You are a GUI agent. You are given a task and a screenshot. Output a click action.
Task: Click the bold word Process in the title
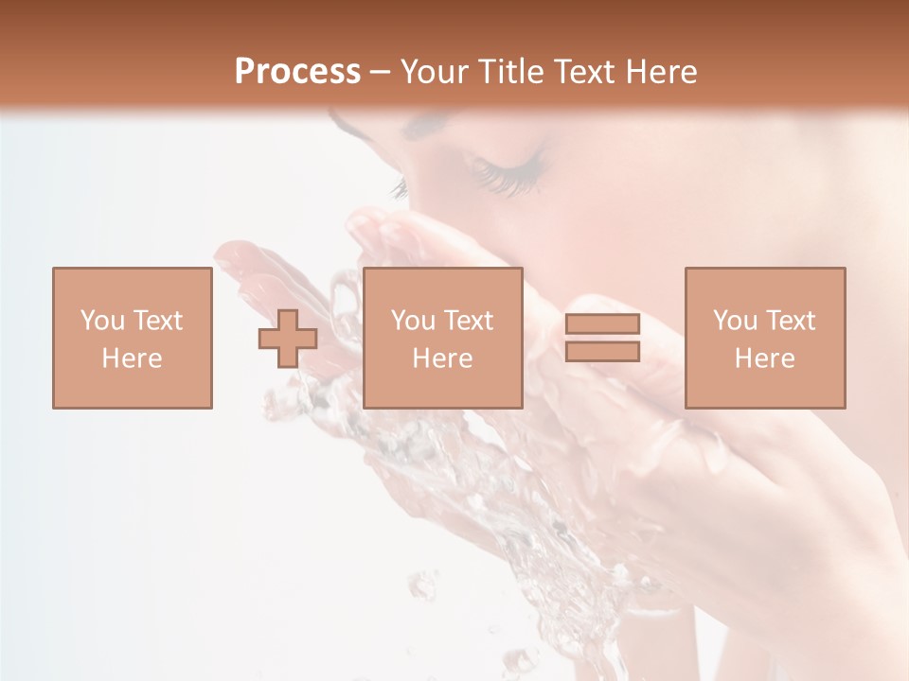[x=297, y=71]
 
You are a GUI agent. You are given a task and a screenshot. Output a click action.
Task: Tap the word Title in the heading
[x=508, y=72]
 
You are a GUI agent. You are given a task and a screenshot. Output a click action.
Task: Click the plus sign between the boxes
[x=288, y=339]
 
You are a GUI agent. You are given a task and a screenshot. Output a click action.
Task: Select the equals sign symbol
[x=602, y=338]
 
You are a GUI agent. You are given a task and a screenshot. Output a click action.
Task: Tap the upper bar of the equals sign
[x=602, y=324]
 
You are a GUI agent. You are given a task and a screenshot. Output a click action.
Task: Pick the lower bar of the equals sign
[x=602, y=351]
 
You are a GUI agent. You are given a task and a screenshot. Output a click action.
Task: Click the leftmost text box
[x=132, y=338]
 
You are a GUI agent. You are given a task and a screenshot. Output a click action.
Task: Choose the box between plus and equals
[x=442, y=338]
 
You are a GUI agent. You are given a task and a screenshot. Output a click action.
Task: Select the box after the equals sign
[x=764, y=338]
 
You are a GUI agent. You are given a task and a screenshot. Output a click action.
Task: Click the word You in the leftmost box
[x=102, y=321]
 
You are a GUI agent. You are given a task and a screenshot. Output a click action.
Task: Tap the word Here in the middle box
[x=442, y=358]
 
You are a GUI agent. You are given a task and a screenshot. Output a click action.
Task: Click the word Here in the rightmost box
[x=764, y=358]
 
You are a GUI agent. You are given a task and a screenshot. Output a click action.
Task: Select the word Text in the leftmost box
[x=158, y=321]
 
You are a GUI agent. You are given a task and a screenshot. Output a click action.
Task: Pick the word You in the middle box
[x=413, y=321]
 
